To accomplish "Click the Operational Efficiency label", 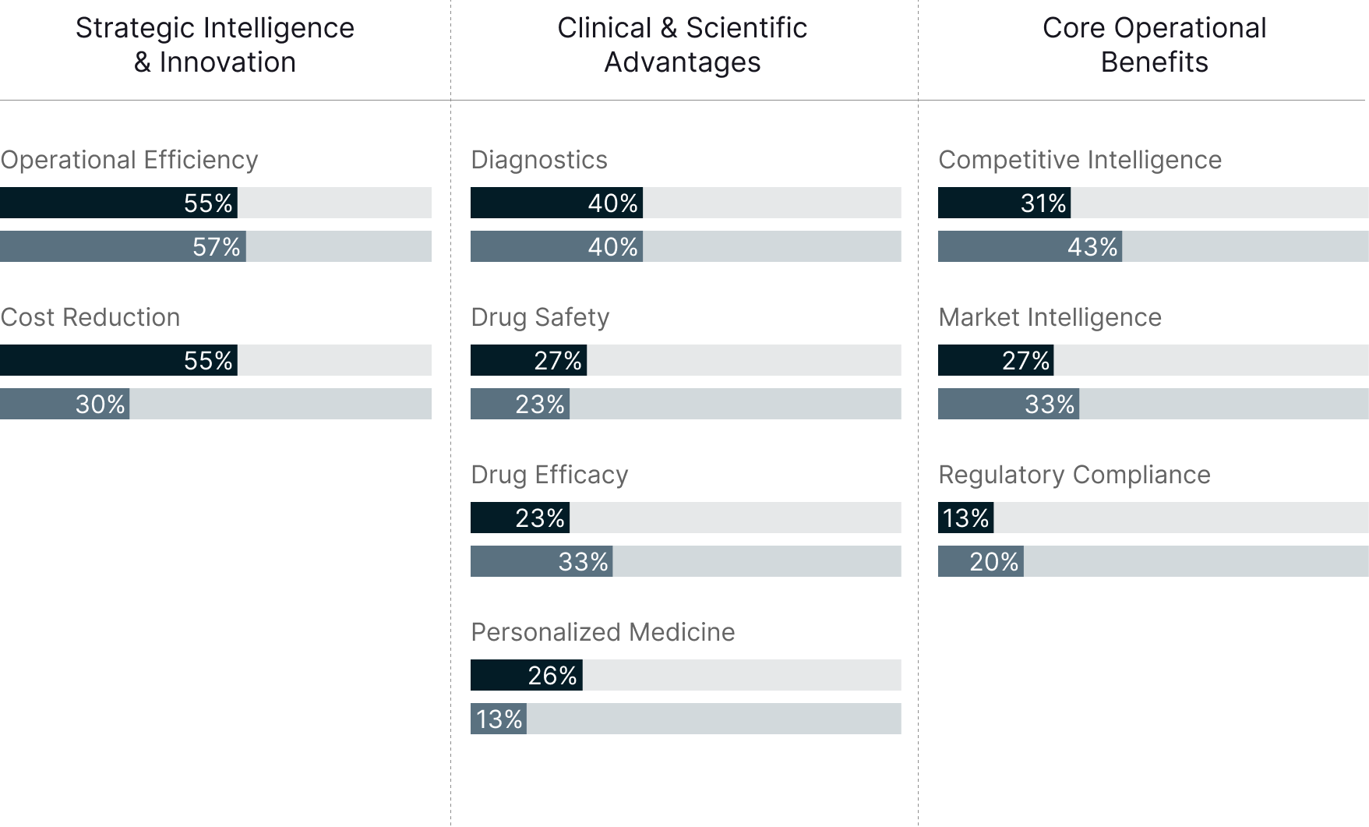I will tap(129, 160).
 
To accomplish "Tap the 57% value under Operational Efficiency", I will tap(216, 247).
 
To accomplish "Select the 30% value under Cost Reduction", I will tap(100, 405).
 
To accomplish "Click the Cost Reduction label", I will tap(90, 317).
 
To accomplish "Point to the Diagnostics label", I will tap(538, 160).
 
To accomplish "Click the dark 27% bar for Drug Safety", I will tap(528, 360).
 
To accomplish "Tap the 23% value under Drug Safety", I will tap(539, 405).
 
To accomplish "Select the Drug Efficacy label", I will tap(549, 475).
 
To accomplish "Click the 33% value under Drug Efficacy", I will tap(583, 562).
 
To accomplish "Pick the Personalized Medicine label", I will tap(602, 632).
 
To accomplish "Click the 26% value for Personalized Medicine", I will tap(552, 675).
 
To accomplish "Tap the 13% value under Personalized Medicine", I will tap(499, 719).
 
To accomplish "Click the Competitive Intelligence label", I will tap(1079, 160).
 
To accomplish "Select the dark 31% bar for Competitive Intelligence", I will tap(1004, 203).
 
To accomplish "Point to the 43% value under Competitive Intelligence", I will tap(1092, 247).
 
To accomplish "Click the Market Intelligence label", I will tap(1050, 317).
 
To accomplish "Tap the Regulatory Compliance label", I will tap(1074, 475).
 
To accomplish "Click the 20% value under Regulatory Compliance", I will tap(993, 562).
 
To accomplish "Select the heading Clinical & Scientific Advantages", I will tap(683, 44).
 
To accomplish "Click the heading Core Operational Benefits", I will tap(1154, 44).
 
